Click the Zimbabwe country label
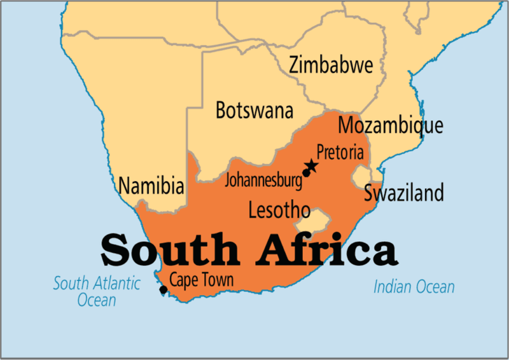pyautogui.click(x=330, y=66)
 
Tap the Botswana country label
pyautogui.click(x=254, y=110)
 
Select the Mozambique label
pyautogui.click(x=390, y=125)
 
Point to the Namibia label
pyautogui.click(x=151, y=187)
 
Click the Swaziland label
pyautogui.click(x=403, y=193)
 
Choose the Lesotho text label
pyautogui.click(x=279, y=210)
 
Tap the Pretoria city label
pyautogui.click(x=340, y=153)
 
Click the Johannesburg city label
pyautogui.click(x=263, y=180)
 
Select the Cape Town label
pyautogui.click(x=201, y=279)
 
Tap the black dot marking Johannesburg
pyautogui.click(x=306, y=173)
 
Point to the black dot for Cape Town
pyautogui.click(x=164, y=290)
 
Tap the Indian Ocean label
pyautogui.click(x=414, y=287)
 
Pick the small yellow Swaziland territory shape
pyautogui.click(x=363, y=175)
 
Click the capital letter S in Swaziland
pyautogui.click(x=369, y=193)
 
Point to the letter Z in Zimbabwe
pyautogui.click(x=295, y=66)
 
